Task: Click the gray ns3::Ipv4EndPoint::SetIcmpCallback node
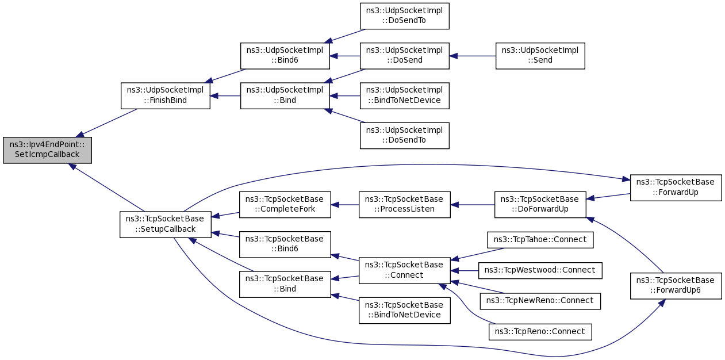[x=47, y=150]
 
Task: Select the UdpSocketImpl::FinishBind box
[x=165, y=95]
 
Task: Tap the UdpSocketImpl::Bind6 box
[x=285, y=55]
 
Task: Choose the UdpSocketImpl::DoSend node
[x=404, y=55]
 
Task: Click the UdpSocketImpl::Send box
[x=540, y=56]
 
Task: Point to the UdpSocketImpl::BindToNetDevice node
[x=404, y=95]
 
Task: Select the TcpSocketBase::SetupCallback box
[x=165, y=224]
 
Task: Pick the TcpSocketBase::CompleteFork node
[x=285, y=204]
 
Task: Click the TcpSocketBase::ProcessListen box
[x=404, y=204]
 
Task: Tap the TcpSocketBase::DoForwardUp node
[x=540, y=204]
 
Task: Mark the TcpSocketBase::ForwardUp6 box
[x=676, y=285]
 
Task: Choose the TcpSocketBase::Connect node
[x=404, y=270]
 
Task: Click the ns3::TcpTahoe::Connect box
[x=540, y=239]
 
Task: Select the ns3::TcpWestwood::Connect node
[x=540, y=270]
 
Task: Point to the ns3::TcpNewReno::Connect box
[x=540, y=300]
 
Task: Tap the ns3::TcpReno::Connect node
[x=540, y=331]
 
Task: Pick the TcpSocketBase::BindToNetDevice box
[x=404, y=310]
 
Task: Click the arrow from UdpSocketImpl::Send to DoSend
[x=473, y=56]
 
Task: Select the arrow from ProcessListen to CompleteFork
[x=345, y=204]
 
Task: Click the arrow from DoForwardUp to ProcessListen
[x=473, y=204]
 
